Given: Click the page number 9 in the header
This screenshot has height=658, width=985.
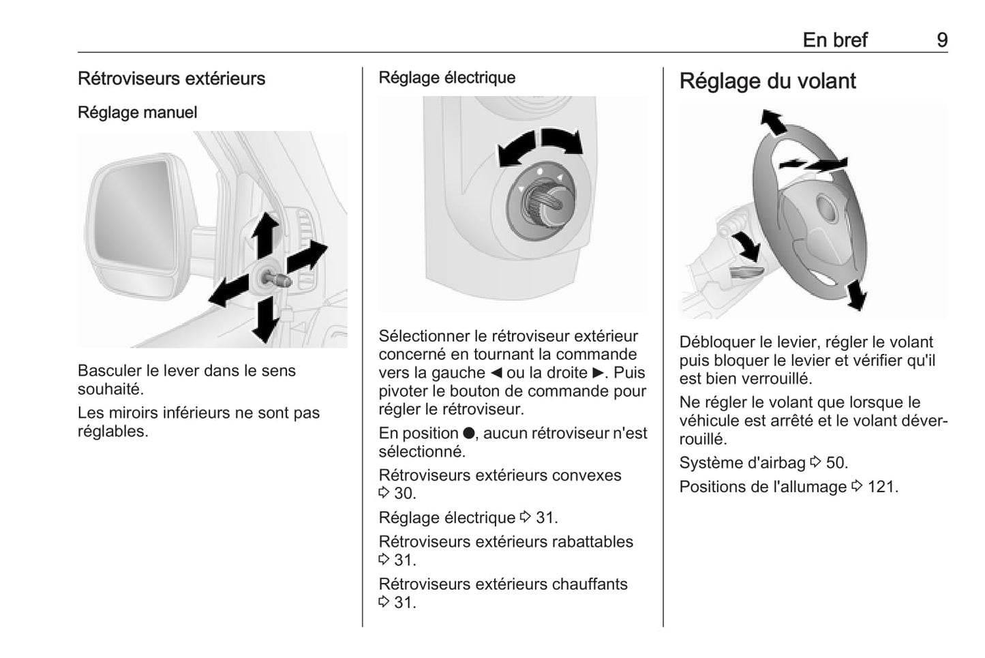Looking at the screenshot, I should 941,40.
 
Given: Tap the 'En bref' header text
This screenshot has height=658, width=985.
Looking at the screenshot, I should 834,40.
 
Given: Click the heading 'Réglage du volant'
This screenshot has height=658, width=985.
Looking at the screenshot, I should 767,81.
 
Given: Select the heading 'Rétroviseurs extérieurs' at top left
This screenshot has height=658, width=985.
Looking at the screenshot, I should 171,78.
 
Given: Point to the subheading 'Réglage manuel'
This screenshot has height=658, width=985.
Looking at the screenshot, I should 137,113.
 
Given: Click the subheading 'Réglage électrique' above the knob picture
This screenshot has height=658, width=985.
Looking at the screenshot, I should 446,78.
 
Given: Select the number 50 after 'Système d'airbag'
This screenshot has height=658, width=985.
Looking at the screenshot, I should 836,463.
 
